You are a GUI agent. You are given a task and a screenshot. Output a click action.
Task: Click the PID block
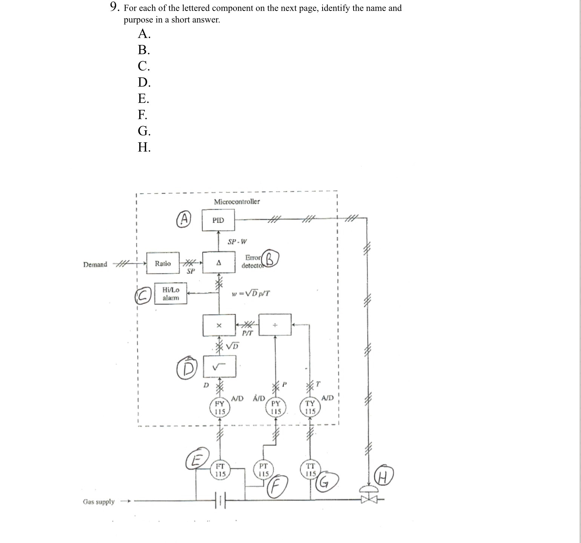tap(218, 220)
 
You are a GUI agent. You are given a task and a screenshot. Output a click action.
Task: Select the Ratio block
tap(163, 263)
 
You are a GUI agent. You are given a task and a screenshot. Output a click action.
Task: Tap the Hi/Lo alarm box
tap(171, 294)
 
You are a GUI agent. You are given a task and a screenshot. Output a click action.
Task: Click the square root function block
tap(219, 366)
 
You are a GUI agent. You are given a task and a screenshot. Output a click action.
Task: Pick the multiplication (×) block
tap(219, 325)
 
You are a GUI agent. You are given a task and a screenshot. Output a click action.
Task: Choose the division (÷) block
tap(275, 325)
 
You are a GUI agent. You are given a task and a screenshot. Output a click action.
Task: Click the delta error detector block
tap(218, 263)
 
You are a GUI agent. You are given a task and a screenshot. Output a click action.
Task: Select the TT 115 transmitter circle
tap(310, 470)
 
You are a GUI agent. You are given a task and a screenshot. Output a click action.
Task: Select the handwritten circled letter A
tap(184, 219)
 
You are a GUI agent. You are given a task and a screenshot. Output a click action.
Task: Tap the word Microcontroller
tap(237, 202)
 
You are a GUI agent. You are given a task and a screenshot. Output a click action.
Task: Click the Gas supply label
tap(98, 501)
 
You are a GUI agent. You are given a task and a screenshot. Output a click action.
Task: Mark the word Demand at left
tap(95, 264)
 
